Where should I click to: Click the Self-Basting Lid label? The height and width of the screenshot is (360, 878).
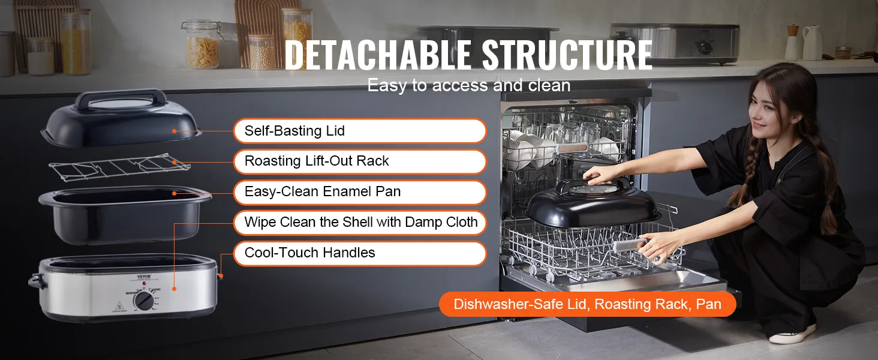tap(360, 131)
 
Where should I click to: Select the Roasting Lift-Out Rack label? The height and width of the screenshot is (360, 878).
tap(360, 161)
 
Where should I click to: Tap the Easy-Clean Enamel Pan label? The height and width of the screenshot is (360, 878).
tap(360, 192)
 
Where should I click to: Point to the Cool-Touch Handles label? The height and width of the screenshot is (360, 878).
tap(360, 253)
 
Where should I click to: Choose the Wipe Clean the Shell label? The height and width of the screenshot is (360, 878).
tap(360, 223)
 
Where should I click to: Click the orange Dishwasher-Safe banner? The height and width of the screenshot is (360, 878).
tap(587, 304)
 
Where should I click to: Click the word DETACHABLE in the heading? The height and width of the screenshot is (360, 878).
tap(378, 55)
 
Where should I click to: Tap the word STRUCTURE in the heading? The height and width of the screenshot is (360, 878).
tap(567, 55)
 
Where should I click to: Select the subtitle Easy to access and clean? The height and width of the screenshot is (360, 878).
tap(469, 85)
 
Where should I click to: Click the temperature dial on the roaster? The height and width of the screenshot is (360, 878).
tap(144, 301)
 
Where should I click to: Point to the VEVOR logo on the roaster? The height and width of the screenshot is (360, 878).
tap(143, 277)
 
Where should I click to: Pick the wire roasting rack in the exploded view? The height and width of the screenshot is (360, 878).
tap(119, 167)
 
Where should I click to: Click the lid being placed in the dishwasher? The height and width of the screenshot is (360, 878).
tap(593, 204)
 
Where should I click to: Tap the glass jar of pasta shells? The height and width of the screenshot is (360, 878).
tap(202, 44)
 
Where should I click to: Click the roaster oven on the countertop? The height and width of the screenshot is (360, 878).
tap(675, 43)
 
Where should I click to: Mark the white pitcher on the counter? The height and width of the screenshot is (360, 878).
tap(812, 43)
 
